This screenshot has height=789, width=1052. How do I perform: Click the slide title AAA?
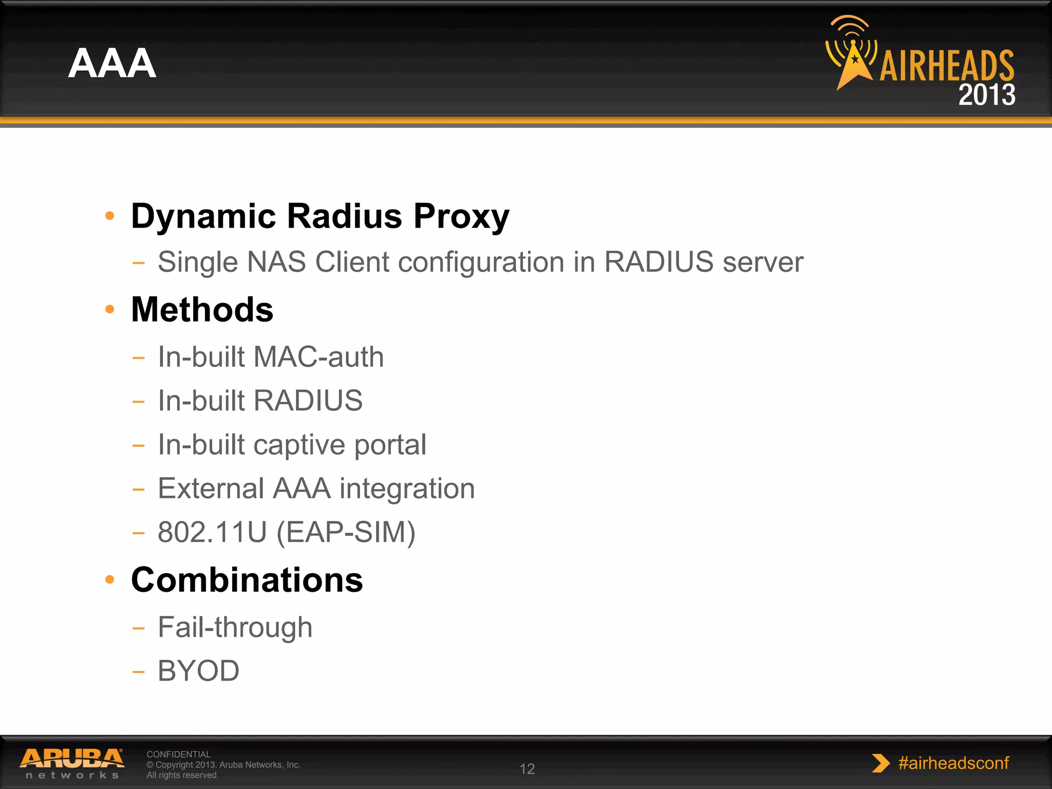(112, 64)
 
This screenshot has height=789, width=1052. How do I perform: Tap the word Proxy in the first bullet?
(461, 216)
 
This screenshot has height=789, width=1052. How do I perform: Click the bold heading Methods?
(202, 310)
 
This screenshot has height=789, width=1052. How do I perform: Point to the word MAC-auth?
(318, 357)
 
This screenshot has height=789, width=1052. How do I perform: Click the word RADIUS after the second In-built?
(308, 401)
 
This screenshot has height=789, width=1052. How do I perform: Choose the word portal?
(390, 445)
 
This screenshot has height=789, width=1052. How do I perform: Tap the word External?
(211, 489)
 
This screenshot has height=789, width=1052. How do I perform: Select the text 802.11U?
(212, 532)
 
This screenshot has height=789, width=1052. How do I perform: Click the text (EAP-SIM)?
(346, 533)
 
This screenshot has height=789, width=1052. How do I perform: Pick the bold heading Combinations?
(247, 580)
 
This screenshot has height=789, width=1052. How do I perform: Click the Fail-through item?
(235, 627)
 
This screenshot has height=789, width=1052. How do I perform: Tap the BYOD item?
(198, 671)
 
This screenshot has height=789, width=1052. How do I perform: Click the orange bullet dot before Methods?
(109, 309)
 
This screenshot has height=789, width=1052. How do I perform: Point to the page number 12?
(527, 769)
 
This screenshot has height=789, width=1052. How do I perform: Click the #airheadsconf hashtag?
(953, 763)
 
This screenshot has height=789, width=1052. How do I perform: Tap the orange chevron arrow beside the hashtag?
(880, 763)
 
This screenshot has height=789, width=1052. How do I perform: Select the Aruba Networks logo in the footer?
(72, 763)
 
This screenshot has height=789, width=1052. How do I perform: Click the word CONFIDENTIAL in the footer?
(178, 754)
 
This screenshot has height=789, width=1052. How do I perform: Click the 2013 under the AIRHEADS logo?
(987, 95)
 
